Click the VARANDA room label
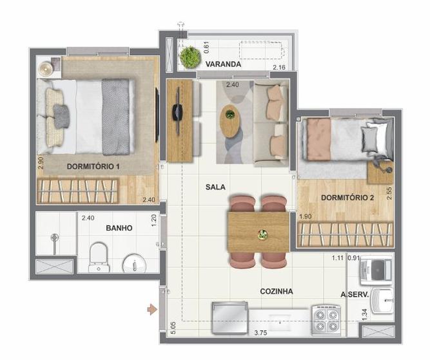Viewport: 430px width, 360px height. click(x=223, y=64)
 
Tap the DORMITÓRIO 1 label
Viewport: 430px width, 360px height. click(x=93, y=166)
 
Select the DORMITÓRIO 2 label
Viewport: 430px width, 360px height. click(x=347, y=198)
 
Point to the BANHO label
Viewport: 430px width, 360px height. click(x=119, y=228)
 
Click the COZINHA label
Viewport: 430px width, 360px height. click(x=276, y=291)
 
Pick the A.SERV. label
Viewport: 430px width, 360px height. click(x=354, y=295)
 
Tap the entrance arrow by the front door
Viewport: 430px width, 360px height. click(x=152, y=310)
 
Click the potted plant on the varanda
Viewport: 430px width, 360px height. click(x=190, y=57)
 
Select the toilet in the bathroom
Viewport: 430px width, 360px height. click(x=99, y=257)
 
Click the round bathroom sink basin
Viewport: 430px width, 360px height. click(x=134, y=263)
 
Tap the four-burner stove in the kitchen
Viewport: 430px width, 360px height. click(x=326, y=320)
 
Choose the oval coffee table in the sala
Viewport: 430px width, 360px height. click(x=230, y=121)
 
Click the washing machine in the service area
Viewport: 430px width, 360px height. click(x=376, y=270)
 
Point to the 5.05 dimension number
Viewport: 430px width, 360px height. click(x=173, y=328)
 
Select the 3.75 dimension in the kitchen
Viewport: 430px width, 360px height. click(x=260, y=333)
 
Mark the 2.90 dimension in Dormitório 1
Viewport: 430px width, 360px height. click(x=41, y=162)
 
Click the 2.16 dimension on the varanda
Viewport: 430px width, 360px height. click(x=279, y=67)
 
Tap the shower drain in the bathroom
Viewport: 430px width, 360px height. click(x=55, y=237)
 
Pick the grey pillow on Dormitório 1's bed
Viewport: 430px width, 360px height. click(x=61, y=116)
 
